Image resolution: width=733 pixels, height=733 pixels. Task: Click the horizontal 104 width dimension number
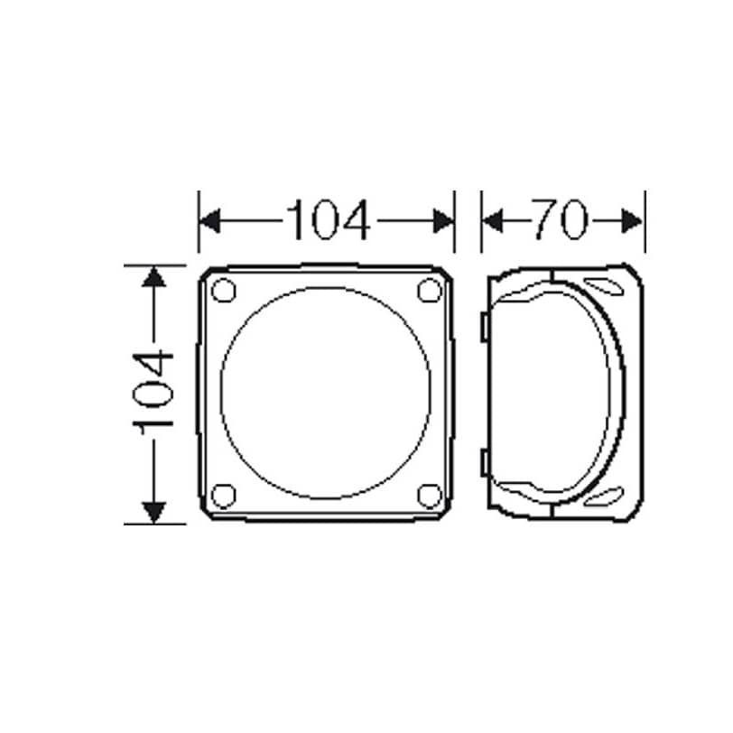point(329,220)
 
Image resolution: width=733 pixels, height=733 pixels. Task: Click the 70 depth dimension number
point(560,219)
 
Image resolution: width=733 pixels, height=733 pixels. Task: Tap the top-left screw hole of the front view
point(224,290)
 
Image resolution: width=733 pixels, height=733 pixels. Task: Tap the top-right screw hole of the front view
point(430,290)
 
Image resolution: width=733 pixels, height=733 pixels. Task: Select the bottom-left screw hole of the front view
point(224,496)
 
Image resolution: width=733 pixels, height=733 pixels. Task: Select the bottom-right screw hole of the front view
point(430,496)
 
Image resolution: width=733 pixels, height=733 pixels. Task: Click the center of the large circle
point(326,394)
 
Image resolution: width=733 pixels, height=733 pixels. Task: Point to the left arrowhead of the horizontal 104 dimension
point(210,220)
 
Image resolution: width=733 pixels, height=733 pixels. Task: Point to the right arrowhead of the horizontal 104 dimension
point(443,220)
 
